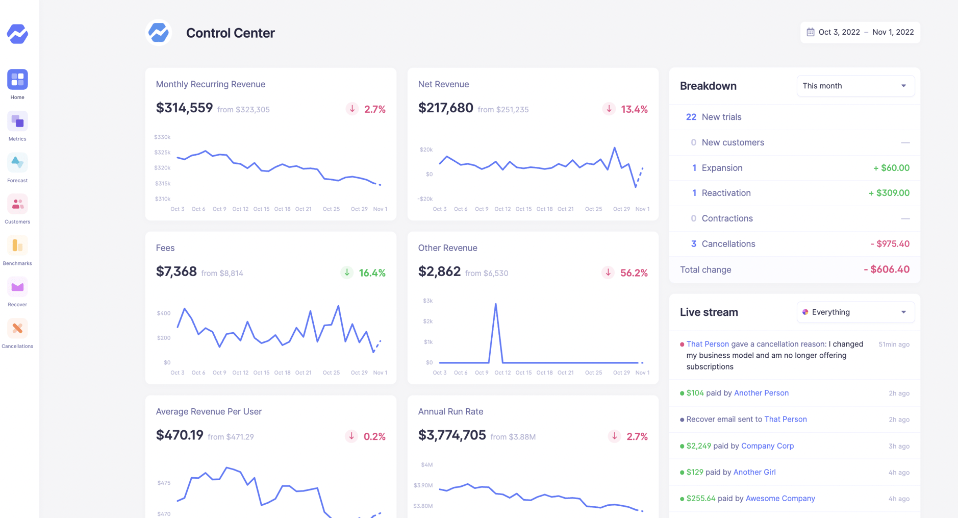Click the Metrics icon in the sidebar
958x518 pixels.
[x=17, y=121]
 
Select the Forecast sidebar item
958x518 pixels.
[x=17, y=163]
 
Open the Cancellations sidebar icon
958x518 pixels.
[x=17, y=329]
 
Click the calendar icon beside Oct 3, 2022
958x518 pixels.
[x=810, y=32]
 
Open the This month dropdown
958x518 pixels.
[x=855, y=86]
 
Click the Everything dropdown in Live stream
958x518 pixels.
[x=855, y=312]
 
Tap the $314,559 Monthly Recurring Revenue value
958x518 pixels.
[x=184, y=108]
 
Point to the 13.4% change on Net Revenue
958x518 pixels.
[x=634, y=109]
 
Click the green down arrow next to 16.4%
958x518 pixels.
[x=347, y=273]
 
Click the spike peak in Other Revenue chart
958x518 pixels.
[x=495, y=304]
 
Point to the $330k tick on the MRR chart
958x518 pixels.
[x=162, y=137]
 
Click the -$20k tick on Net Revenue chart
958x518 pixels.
[x=425, y=199]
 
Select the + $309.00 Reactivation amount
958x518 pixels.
[x=889, y=193]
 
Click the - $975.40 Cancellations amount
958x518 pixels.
[x=890, y=244]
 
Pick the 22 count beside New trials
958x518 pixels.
[x=691, y=117]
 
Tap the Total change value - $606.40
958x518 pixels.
[x=886, y=269]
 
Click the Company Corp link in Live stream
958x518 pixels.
[x=767, y=446]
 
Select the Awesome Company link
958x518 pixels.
[x=780, y=499]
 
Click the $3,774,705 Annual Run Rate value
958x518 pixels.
[x=451, y=435]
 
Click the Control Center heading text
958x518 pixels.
[x=230, y=33]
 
